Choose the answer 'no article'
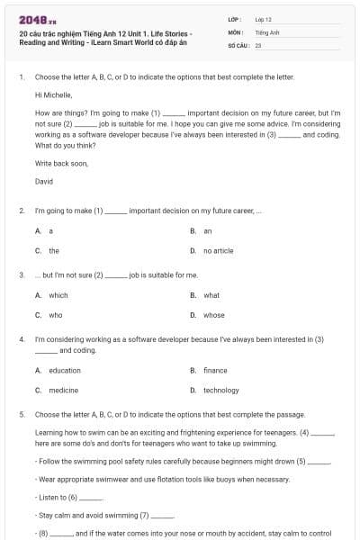coord(218,251)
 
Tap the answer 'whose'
coord(213,315)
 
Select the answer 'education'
coord(64,370)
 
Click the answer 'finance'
coord(215,370)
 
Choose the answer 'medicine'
coord(63,390)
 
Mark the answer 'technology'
coord(220,390)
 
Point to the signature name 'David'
coord(44,182)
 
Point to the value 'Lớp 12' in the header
coord(263,18)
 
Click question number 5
coord(21,415)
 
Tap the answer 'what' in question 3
coord(211,295)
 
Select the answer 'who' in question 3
coord(55,315)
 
